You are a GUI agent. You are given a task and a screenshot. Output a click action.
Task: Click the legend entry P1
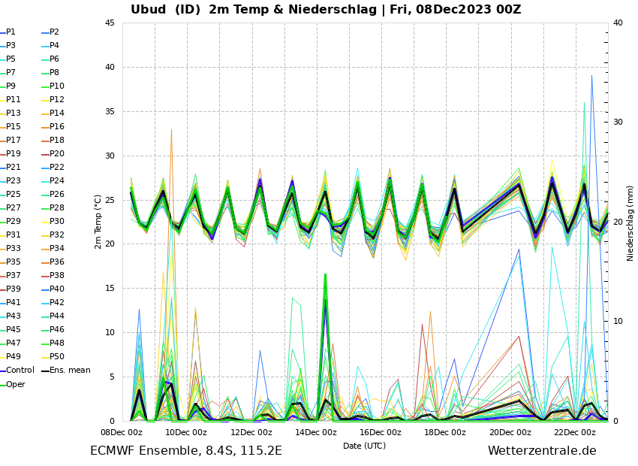coord(11,32)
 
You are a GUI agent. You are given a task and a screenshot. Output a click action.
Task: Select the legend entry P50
coord(56,356)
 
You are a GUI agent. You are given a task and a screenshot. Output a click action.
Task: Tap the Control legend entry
coord(20,370)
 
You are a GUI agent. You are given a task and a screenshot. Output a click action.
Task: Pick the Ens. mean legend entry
coord(70,370)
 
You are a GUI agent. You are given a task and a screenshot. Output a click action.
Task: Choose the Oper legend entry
coord(16,384)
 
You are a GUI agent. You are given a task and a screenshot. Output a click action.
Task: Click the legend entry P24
coord(56,181)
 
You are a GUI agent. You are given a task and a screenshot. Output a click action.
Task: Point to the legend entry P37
coord(14,276)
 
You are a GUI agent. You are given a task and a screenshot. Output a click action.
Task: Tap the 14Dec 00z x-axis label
coord(316,432)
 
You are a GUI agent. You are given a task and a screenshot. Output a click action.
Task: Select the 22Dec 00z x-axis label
coord(575,432)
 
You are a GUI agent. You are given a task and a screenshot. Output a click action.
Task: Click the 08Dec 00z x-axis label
coord(122,432)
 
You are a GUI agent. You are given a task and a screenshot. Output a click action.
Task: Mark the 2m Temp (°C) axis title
coord(98,222)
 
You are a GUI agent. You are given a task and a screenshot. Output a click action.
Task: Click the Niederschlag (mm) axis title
coord(630,222)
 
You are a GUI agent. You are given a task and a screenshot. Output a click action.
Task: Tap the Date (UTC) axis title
coord(365,446)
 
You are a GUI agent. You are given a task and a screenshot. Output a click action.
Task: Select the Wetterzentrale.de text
coord(542,451)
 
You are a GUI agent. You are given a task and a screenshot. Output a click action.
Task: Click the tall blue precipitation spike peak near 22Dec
coord(591,75)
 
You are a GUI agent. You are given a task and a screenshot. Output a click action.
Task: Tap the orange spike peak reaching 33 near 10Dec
coord(171,129)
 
